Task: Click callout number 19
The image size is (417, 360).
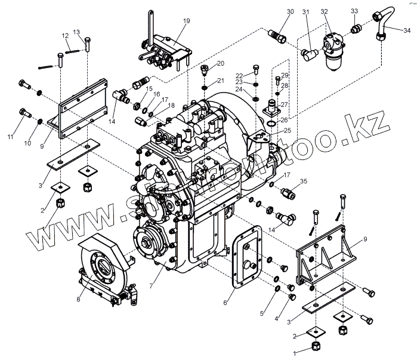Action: pyautogui.click(x=187, y=21)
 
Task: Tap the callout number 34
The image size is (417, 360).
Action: pyautogui.click(x=406, y=29)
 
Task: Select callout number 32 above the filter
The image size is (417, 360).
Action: pyautogui.click(x=324, y=11)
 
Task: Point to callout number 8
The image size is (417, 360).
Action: pyautogui.click(x=78, y=300)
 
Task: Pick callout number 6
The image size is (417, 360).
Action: pyautogui.click(x=225, y=303)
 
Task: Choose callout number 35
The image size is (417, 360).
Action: pyautogui.click(x=303, y=181)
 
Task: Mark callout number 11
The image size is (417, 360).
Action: pyautogui.click(x=10, y=138)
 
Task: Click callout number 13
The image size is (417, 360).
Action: pyautogui.click(x=76, y=32)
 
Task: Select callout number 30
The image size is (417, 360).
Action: pyautogui.click(x=291, y=12)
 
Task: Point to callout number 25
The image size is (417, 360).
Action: pyautogui.click(x=288, y=131)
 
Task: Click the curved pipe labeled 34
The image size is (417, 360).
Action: pyautogui.click(x=383, y=24)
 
